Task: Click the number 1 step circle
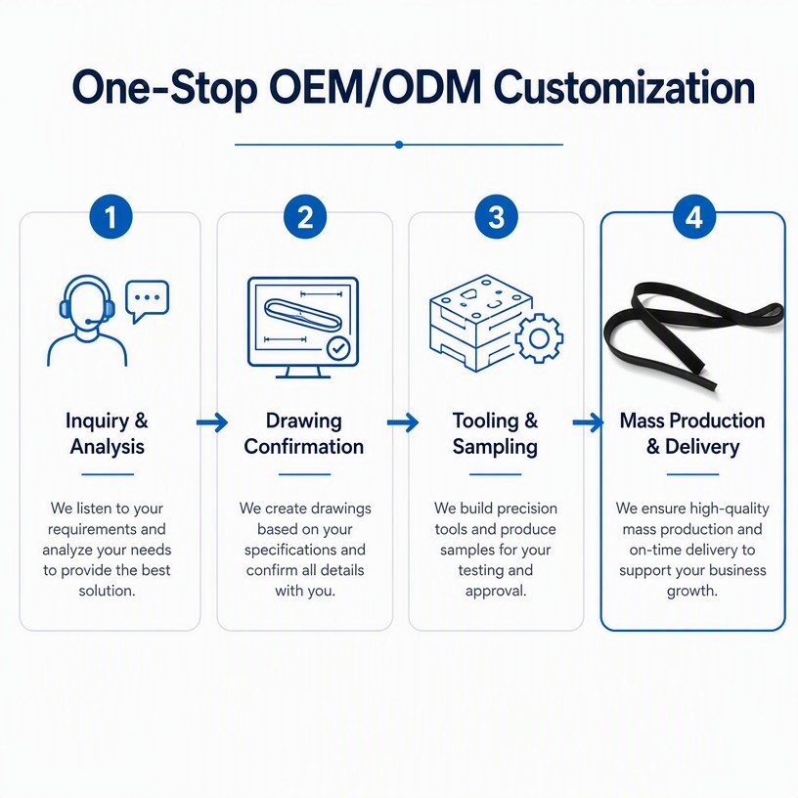click(111, 217)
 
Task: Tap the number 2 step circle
click(305, 217)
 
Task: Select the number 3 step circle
click(496, 217)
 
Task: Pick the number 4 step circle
click(694, 217)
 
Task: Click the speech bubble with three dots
click(147, 300)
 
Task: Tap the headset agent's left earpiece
click(64, 308)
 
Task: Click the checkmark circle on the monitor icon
click(338, 348)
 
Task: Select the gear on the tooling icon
click(539, 338)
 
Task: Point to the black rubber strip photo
click(693, 335)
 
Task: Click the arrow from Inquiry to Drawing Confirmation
click(212, 421)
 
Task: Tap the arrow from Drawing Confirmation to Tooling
click(403, 421)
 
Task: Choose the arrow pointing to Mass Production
click(589, 421)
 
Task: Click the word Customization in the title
click(624, 88)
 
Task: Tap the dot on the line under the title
click(399, 145)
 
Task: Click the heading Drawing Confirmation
click(304, 433)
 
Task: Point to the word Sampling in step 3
click(495, 447)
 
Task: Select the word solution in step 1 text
click(107, 591)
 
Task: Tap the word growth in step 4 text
click(692, 592)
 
